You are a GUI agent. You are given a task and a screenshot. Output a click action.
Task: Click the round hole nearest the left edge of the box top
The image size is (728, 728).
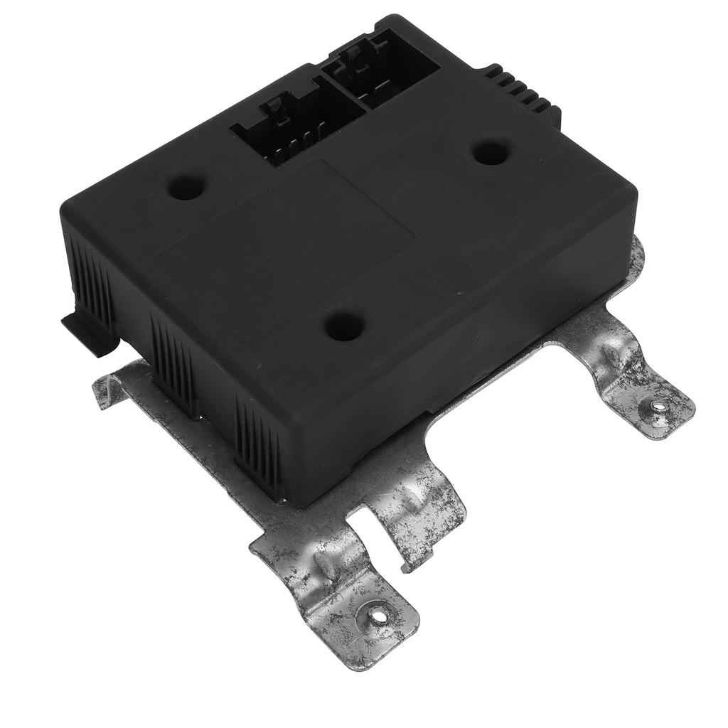click(187, 186)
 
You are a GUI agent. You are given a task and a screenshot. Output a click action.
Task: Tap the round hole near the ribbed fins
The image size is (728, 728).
click(491, 151)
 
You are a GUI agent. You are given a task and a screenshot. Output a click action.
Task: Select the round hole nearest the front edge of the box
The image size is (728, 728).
click(346, 325)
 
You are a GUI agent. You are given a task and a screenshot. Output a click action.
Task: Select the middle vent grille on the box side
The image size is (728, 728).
click(173, 363)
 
